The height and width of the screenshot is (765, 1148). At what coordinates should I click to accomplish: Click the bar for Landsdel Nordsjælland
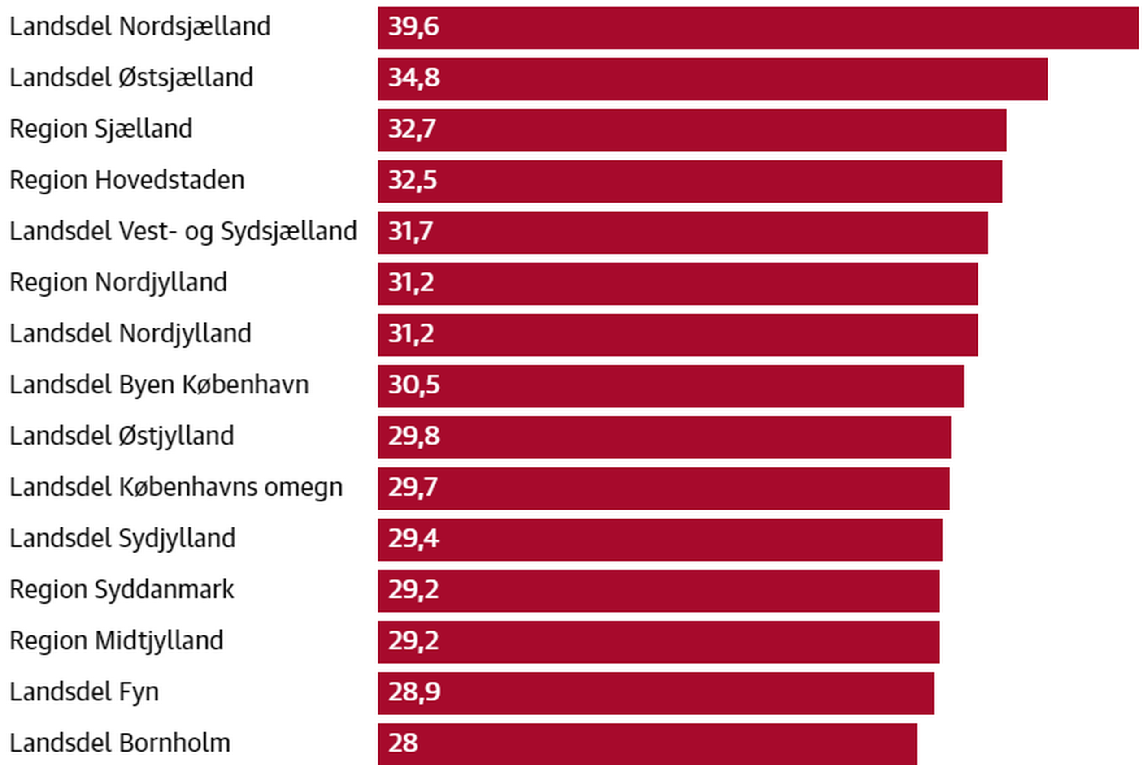[757, 28]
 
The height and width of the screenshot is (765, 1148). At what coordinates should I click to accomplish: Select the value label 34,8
[413, 78]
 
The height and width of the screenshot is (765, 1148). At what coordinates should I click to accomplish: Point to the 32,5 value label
[413, 181]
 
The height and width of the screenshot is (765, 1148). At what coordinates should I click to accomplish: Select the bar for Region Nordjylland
[678, 284]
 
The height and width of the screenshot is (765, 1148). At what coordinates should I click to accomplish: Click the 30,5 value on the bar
[413, 385]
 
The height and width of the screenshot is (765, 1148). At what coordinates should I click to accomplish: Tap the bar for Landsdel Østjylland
[664, 438]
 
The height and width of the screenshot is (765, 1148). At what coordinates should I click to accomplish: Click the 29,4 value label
[413, 539]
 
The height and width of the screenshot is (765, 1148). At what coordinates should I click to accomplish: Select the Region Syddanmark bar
[658, 591]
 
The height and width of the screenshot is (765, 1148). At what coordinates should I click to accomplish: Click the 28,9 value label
[414, 692]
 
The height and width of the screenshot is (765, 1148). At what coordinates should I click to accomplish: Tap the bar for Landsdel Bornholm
[647, 744]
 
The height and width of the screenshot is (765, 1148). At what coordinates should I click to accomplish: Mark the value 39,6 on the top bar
[413, 27]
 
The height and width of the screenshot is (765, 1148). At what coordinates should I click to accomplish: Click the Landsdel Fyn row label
[84, 692]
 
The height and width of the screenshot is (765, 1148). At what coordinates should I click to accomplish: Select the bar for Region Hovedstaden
[689, 182]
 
